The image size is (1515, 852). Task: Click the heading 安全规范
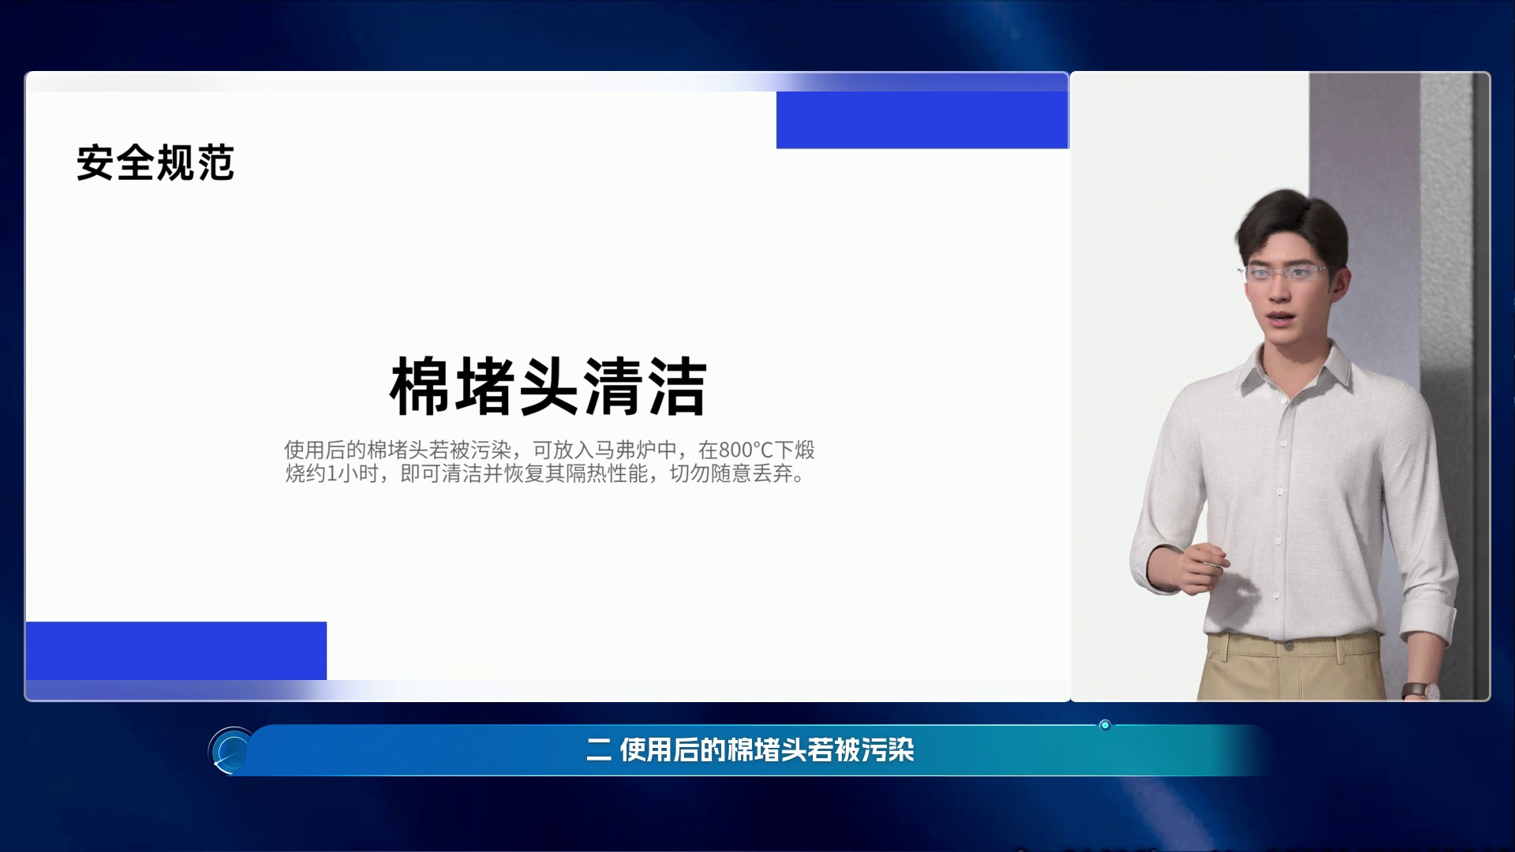click(x=155, y=163)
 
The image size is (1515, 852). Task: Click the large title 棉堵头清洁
click(x=548, y=387)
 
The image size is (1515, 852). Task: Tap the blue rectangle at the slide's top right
click(x=922, y=120)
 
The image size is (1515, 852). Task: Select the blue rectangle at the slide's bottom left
click(x=176, y=651)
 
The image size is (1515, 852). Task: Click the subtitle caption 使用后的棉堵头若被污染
click(x=767, y=749)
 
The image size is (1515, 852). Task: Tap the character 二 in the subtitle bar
click(x=599, y=749)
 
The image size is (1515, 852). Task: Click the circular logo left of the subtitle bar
click(x=231, y=750)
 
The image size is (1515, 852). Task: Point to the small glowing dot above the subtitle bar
click(x=1105, y=725)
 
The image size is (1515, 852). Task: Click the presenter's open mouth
click(x=1279, y=317)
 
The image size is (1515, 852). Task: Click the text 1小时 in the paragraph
click(x=353, y=473)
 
